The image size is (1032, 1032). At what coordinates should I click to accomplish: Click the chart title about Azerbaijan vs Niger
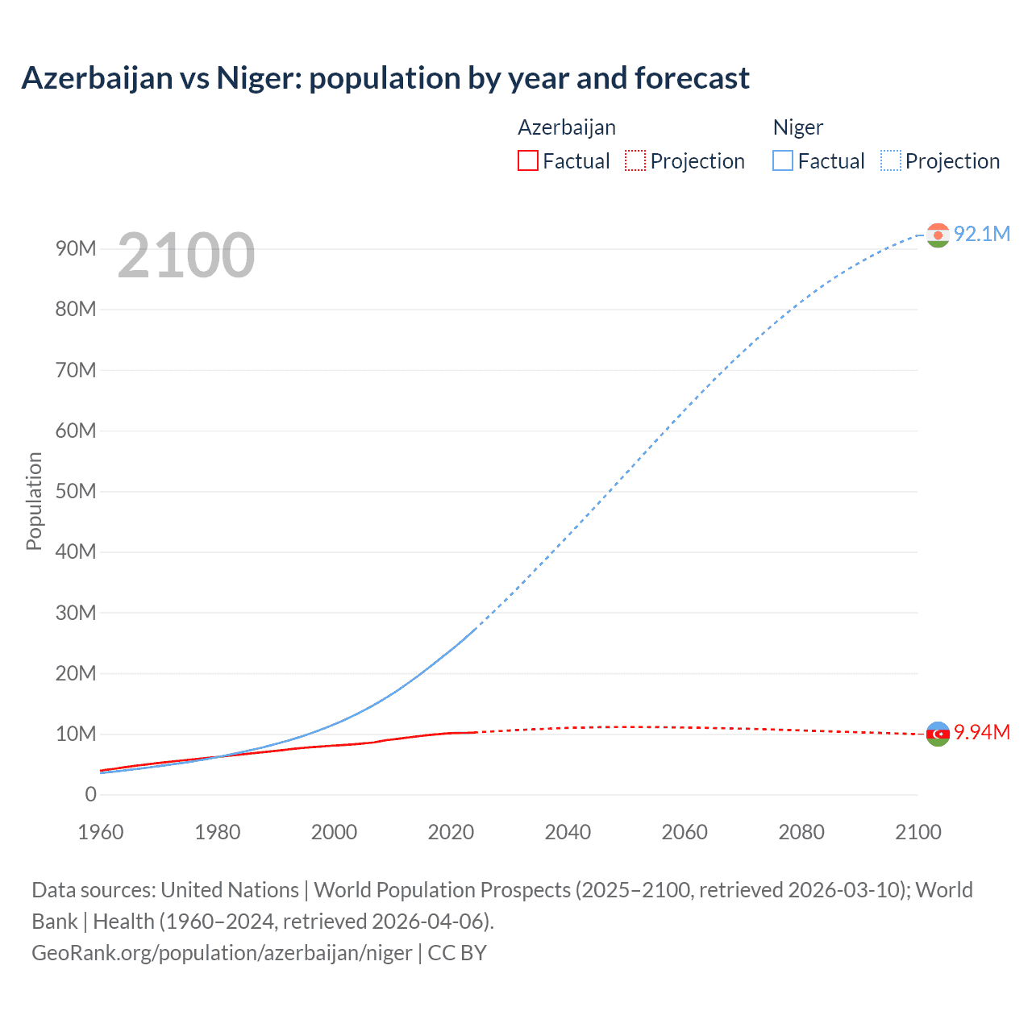click(x=385, y=78)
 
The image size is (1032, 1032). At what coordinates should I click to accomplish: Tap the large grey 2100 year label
click(x=185, y=256)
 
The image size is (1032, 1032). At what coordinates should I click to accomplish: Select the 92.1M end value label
click(x=981, y=234)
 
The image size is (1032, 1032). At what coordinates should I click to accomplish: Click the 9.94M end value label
click(x=981, y=732)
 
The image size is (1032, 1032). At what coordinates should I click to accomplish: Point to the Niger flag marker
click(x=938, y=235)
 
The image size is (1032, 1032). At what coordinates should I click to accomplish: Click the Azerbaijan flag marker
click(x=938, y=734)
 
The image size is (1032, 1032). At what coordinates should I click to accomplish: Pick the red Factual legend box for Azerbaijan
click(x=528, y=161)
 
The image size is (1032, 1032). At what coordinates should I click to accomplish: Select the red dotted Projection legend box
click(x=635, y=161)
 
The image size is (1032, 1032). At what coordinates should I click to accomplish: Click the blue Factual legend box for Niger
click(x=783, y=161)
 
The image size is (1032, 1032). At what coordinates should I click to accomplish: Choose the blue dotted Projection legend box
click(x=890, y=161)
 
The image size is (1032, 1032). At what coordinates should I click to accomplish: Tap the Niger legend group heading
click(x=797, y=127)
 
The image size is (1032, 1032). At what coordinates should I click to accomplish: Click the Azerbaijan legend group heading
click(x=566, y=127)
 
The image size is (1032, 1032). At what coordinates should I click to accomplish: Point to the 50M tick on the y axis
click(x=76, y=491)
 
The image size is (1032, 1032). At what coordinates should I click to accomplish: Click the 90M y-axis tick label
click(x=76, y=248)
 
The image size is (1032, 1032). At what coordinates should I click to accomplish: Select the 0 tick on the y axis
click(x=90, y=794)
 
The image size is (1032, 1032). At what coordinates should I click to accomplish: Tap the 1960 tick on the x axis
click(x=101, y=832)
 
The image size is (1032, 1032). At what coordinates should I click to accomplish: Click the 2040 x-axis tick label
click(x=568, y=832)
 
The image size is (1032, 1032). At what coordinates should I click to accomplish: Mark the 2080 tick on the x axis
click(x=801, y=832)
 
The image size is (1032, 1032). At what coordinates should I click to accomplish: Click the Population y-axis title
click(x=34, y=501)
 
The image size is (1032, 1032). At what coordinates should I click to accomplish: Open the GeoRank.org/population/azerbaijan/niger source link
click(x=222, y=953)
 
